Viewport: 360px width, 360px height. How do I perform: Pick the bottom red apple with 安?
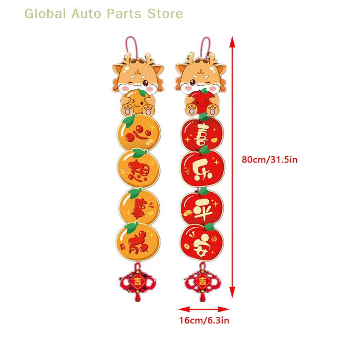(x=202, y=243)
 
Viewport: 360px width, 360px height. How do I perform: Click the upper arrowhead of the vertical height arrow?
(x=232, y=41)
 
